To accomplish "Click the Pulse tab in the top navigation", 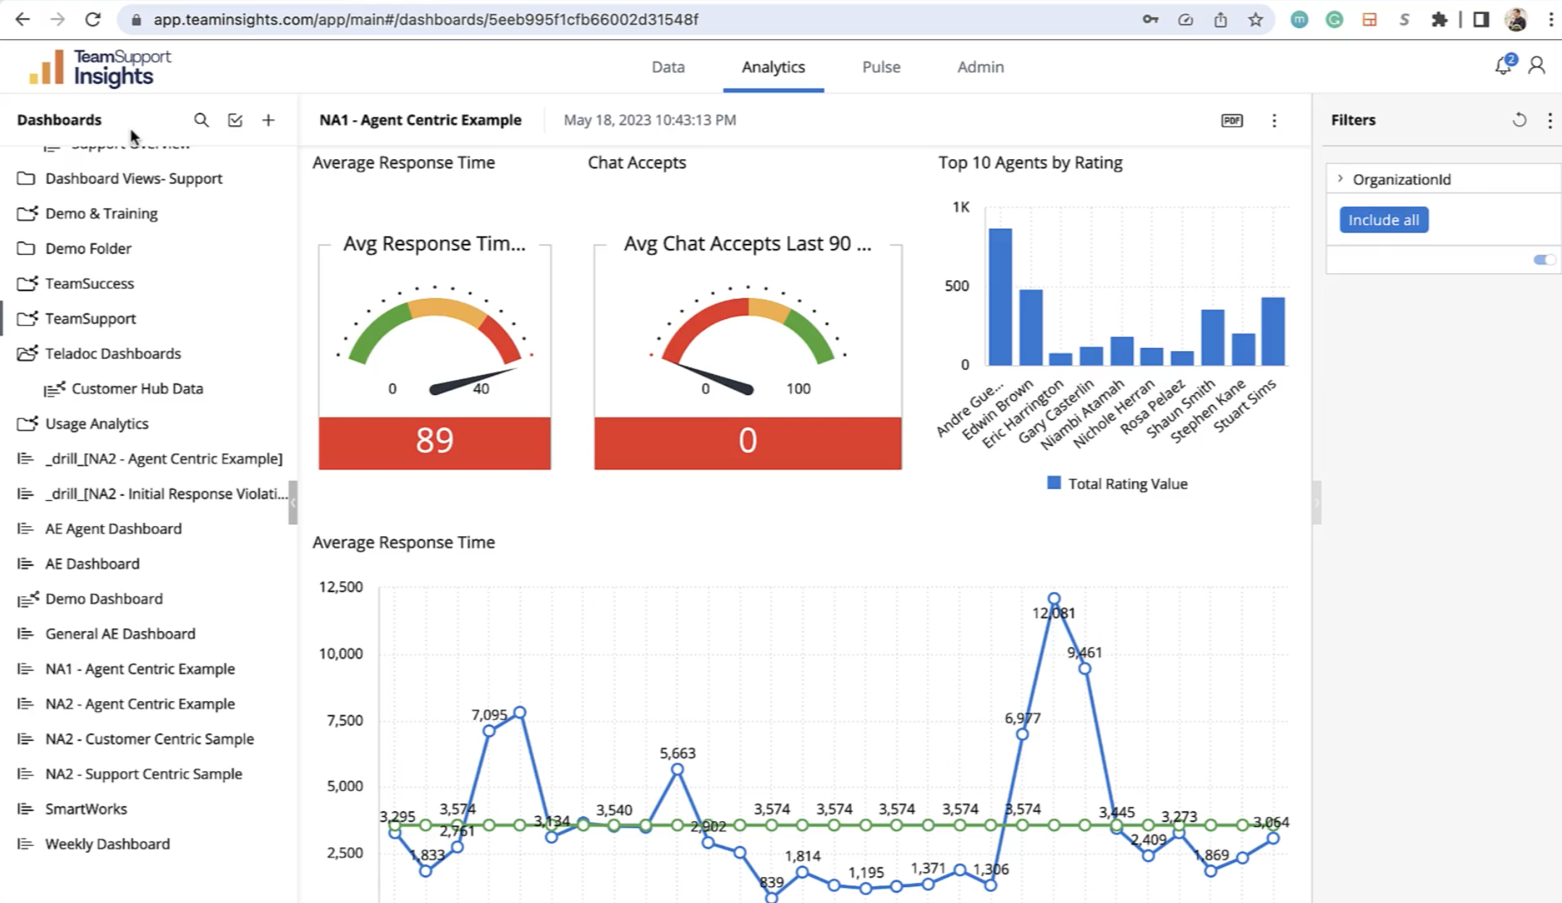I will (881, 67).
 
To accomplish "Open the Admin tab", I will (980, 67).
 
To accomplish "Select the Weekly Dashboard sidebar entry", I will (107, 844).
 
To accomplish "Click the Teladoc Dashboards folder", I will (112, 353).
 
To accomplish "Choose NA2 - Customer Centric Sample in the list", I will (149, 739).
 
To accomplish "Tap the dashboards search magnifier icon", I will (201, 120).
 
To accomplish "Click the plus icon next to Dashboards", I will (269, 120).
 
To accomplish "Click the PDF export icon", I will (1231, 120).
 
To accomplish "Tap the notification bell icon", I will (1503, 67).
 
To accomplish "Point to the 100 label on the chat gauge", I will (798, 389).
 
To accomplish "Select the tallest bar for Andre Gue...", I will (1000, 297).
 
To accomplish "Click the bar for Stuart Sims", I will (1272, 331).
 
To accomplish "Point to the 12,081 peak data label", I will (1053, 613).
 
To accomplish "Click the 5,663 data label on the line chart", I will (677, 753).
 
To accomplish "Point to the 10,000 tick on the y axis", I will (341, 653).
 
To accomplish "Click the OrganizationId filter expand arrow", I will (1340, 179).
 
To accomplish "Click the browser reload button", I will (93, 20).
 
